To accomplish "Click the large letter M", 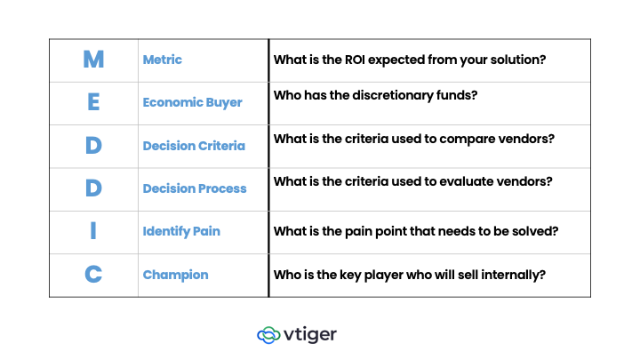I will pyautogui.click(x=93, y=60).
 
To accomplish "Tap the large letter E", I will pyautogui.click(x=93, y=102).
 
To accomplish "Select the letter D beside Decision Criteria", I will pyautogui.click(x=93, y=145).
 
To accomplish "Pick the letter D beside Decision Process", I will pyautogui.click(x=93, y=188).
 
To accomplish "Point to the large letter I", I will pyautogui.click(x=93, y=231).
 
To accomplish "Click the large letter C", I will pyautogui.click(x=93, y=275).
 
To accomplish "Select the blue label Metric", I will pyautogui.click(x=163, y=60).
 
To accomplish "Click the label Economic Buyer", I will pyautogui.click(x=192, y=102).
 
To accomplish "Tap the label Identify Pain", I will pyautogui.click(x=181, y=231).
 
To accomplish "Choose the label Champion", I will pyautogui.click(x=175, y=275).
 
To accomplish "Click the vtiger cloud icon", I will pyautogui.click(x=268, y=335).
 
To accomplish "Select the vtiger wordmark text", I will pyautogui.click(x=311, y=334).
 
